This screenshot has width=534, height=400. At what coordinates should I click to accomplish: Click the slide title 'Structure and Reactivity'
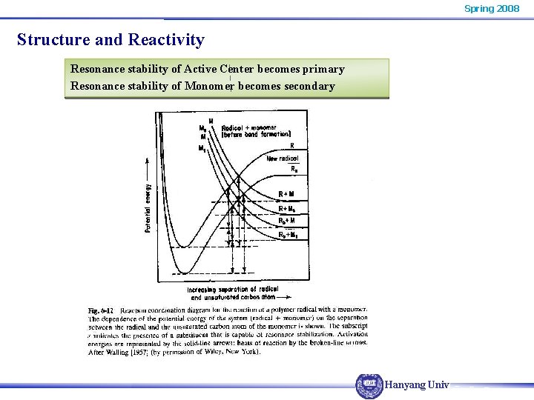pyautogui.click(x=111, y=39)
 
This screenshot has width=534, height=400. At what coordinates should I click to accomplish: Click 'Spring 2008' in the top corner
pyautogui.click(x=492, y=8)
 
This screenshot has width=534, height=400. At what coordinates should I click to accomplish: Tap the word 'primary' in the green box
pyautogui.click(x=320, y=69)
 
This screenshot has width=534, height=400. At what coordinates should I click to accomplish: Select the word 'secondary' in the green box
pyautogui.click(x=306, y=86)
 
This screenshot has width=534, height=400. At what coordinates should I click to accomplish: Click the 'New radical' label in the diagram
pyautogui.click(x=283, y=159)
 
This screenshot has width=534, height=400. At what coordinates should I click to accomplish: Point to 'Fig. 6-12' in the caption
pyautogui.click(x=100, y=310)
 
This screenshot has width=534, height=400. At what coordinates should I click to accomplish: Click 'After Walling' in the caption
pyautogui.click(x=108, y=351)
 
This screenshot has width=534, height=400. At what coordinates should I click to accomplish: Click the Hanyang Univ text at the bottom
pyautogui.click(x=417, y=385)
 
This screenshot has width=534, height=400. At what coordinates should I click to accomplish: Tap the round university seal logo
pyautogui.click(x=369, y=386)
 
